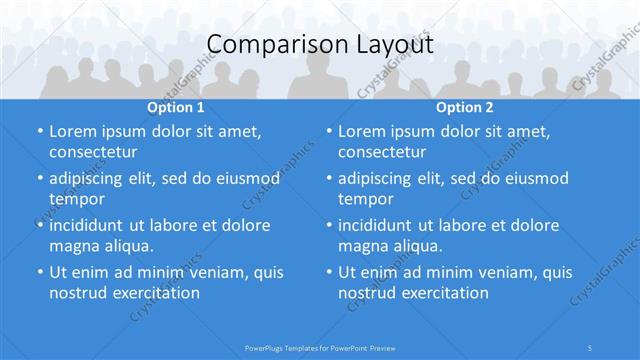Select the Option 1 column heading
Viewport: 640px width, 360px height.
(x=176, y=107)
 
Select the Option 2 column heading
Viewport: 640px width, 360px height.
(x=464, y=107)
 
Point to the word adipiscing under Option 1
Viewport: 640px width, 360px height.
(x=92, y=179)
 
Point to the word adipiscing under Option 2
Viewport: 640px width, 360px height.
(x=381, y=179)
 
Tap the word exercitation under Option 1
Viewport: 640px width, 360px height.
(x=154, y=293)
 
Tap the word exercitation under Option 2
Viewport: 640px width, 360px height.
(x=443, y=293)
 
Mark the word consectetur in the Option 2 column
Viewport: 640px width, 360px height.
(x=385, y=152)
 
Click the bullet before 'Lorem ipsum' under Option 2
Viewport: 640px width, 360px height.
(x=329, y=132)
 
